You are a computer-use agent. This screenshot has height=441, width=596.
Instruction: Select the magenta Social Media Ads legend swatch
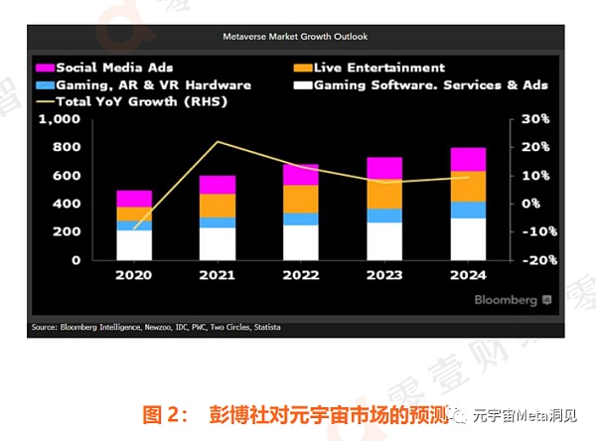point(44,68)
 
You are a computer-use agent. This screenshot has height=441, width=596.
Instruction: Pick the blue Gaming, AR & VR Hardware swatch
point(44,84)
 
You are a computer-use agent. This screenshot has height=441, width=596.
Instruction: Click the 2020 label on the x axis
point(135,275)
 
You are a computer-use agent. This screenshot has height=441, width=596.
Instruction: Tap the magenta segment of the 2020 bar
point(134,199)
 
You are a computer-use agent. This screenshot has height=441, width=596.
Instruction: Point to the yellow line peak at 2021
point(219,142)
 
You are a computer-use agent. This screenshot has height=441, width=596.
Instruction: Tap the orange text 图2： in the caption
point(167,414)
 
